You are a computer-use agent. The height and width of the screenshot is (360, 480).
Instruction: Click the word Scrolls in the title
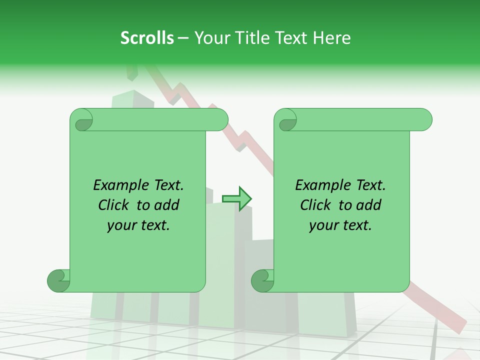[147, 38]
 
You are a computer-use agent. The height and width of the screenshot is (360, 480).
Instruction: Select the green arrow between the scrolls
[237, 199]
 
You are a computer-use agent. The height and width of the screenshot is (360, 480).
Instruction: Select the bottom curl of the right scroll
[263, 280]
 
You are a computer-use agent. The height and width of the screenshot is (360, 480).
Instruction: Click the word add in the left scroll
[167, 205]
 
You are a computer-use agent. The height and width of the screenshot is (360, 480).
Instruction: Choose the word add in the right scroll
[369, 205]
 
